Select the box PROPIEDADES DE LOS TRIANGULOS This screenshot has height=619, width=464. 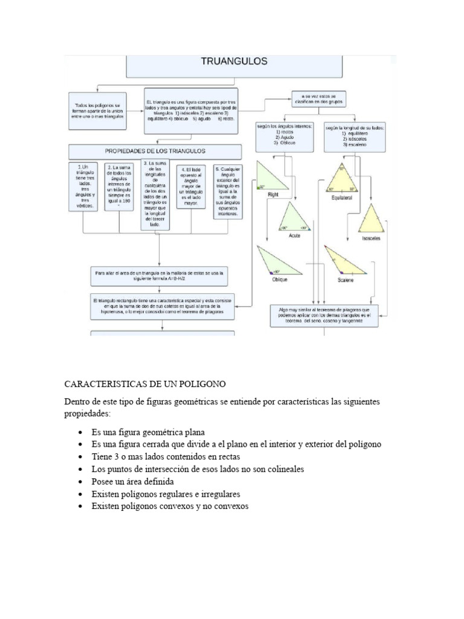click(x=155, y=151)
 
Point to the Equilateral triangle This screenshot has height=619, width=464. click(x=342, y=178)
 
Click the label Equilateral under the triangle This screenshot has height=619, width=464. click(x=342, y=198)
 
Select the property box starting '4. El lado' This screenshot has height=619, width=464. click(x=191, y=186)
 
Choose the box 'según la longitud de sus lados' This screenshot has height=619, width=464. click(x=354, y=137)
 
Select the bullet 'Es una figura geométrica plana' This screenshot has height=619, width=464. click(x=148, y=432)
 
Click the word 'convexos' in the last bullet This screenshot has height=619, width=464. click(x=231, y=506)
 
